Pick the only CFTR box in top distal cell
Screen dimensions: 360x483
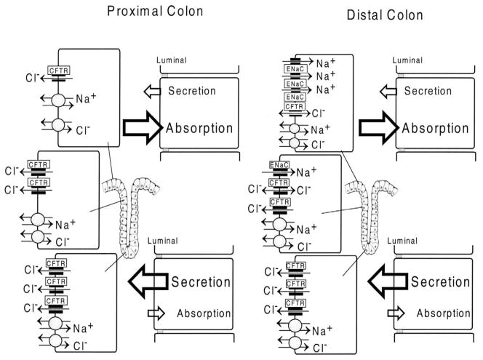click(293, 106)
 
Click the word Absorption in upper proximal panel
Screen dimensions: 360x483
click(199, 128)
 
